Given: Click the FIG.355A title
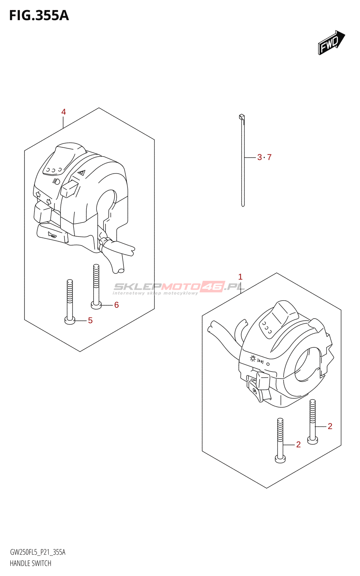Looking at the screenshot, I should coord(39,16).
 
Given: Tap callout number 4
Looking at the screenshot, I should coord(64,112).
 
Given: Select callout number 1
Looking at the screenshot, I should coord(240,277).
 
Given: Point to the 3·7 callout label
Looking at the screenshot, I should coord(264,157).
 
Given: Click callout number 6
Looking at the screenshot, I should coord(116,305).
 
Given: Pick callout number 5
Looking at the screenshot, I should coord(90,320).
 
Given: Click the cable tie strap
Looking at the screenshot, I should coord(243,162).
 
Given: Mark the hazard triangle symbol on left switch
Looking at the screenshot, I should coord(82,173).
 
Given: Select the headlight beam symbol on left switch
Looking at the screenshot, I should coord(56,181).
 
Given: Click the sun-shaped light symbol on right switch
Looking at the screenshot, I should coord(253,359).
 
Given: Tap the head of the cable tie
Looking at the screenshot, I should coord(241,117).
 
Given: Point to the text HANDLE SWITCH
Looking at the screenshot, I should coord(31,563).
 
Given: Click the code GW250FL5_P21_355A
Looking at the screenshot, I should coord(37,552).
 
